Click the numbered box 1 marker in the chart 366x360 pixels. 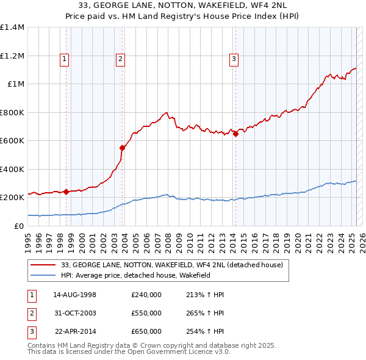[64, 59]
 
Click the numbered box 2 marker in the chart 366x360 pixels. [120, 59]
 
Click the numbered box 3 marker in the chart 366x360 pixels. [234, 59]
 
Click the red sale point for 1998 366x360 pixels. [66, 192]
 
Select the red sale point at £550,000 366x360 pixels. [123, 148]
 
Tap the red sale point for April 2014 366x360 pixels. [235, 134]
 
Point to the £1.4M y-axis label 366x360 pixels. [12, 27]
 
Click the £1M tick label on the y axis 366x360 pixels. [16, 84]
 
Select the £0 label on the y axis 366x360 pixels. [20, 226]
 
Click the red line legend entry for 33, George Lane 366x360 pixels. [171, 265]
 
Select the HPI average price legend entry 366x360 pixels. [143, 276]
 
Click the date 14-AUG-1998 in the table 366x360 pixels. [75, 295]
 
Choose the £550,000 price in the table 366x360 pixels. [146, 313]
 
